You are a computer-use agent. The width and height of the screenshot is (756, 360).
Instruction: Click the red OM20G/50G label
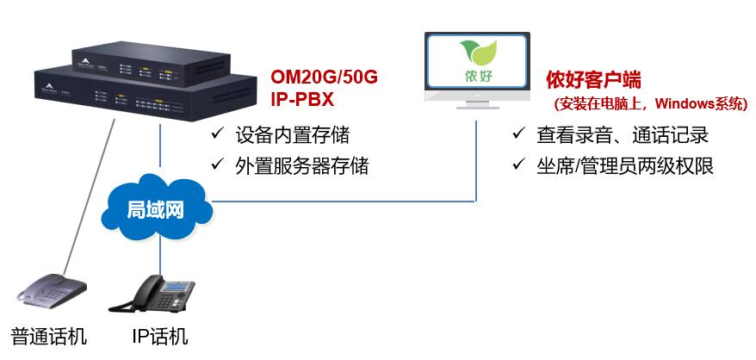pos(324,78)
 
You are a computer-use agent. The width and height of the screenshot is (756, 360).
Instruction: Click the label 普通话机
pos(49,335)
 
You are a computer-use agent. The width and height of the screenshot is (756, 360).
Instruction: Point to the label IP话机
pos(159,335)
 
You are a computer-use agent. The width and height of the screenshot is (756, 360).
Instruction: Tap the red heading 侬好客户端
pos(593,80)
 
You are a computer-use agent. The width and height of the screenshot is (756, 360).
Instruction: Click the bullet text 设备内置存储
pos(293,135)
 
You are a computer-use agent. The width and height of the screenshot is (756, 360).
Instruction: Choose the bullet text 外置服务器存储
pos(301,165)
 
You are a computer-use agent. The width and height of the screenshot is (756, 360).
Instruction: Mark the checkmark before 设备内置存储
pos(216,135)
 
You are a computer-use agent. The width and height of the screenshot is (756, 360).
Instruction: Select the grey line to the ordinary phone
pos(86,198)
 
